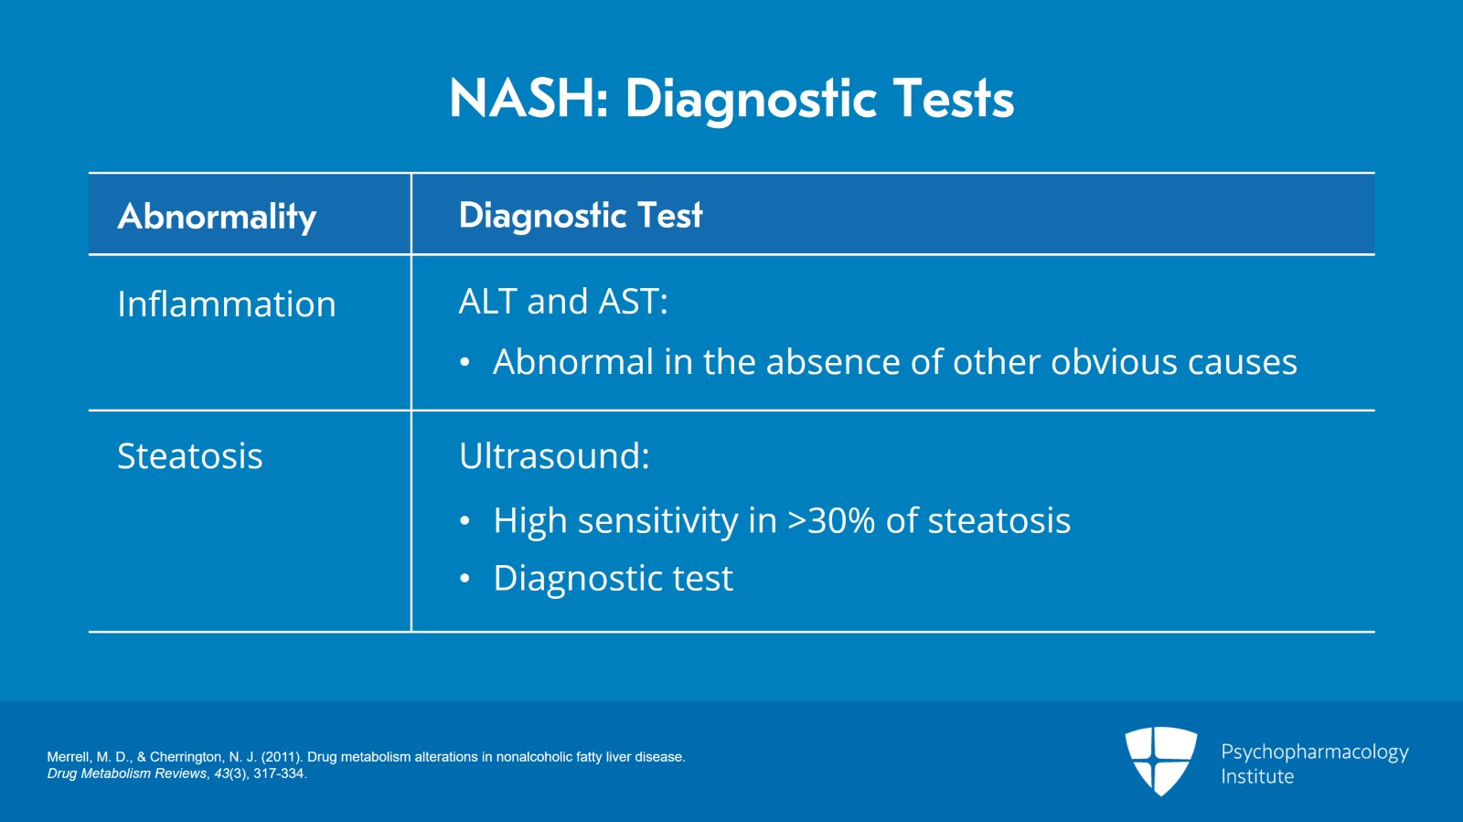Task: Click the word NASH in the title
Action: coord(522,99)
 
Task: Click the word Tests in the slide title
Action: coord(953,99)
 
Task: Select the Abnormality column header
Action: coord(217,217)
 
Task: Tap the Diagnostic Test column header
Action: coord(581,216)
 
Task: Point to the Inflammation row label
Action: coord(227,304)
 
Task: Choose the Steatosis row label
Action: coord(190,456)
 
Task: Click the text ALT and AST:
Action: coord(563,302)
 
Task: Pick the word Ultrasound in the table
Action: coord(550,456)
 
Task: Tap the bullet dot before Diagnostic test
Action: coord(465,579)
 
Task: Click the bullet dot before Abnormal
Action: coord(465,363)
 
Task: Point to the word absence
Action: coord(833,363)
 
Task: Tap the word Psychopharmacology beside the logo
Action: coord(1314,752)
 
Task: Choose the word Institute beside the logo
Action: coord(1257,776)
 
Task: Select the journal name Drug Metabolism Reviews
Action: coord(127,774)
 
